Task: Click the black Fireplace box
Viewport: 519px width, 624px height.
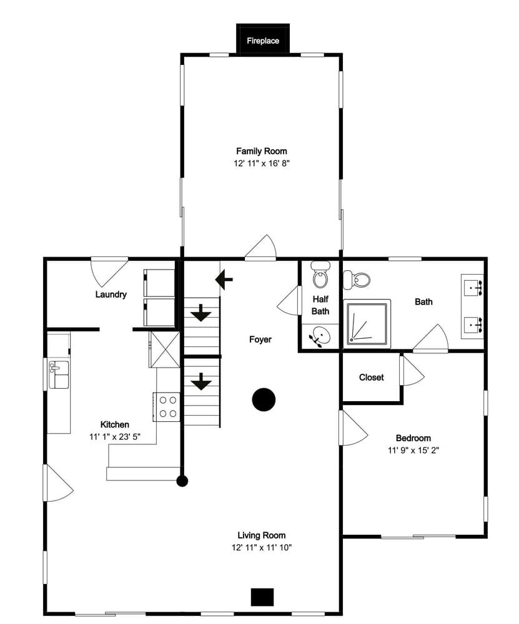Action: click(262, 40)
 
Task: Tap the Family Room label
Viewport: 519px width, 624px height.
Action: click(261, 151)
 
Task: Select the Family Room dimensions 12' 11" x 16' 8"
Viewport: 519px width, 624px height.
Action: click(261, 163)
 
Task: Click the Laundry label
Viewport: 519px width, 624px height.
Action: click(111, 295)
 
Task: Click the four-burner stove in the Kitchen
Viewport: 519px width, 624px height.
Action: click(168, 406)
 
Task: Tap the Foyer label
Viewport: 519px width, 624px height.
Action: click(260, 339)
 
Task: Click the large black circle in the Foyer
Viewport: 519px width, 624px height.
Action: click(264, 399)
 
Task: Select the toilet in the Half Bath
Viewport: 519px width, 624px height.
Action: click(320, 275)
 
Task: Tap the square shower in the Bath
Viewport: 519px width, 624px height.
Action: click(368, 323)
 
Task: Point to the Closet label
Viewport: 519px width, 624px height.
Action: click(371, 378)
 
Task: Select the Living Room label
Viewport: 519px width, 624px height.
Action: click(261, 535)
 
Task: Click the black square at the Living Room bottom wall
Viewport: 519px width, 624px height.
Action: click(262, 597)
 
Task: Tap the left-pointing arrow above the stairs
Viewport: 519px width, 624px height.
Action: click(224, 280)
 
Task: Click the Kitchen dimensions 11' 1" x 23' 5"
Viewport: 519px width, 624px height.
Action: click(114, 437)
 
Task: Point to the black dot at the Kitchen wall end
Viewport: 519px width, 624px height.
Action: click(182, 481)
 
